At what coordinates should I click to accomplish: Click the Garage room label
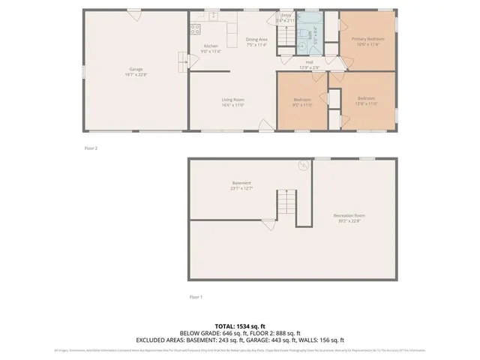pyautogui.click(x=136, y=72)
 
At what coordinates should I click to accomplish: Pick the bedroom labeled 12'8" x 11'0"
pyautogui.click(x=367, y=101)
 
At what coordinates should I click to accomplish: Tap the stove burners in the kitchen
pyautogui.click(x=195, y=29)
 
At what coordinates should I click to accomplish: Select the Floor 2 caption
pyautogui.click(x=91, y=148)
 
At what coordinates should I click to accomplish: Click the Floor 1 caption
pyautogui.click(x=196, y=298)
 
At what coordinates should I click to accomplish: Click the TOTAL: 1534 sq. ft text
pyautogui.click(x=240, y=326)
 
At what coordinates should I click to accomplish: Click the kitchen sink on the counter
pyautogui.click(x=214, y=16)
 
